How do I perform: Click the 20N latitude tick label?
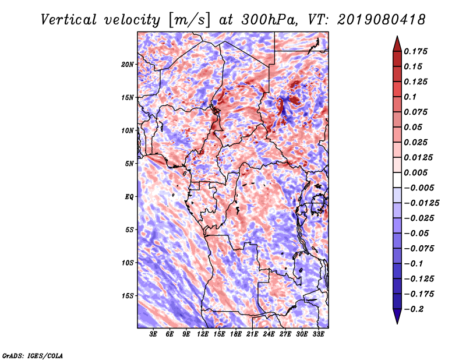pyautogui.click(x=128, y=65)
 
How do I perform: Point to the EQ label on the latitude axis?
pyautogui.click(x=129, y=197)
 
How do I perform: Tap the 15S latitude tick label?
pyautogui.click(x=128, y=296)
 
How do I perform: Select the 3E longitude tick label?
pyautogui.click(x=153, y=334)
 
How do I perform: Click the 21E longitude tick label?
pyautogui.click(x=252, y=334)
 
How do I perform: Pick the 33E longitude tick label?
pyautogui.click(x=318, y=334)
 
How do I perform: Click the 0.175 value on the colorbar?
pyautogui.click(x=415, y=51)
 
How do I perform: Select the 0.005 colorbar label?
pyautogui.click(x=415, y=172)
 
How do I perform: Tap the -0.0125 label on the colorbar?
pyautogui.click(x=421, y=203)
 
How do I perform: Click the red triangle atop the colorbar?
pyautogui.click(x=397, y=44)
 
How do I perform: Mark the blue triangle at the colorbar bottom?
pyautogui.click(x=397, y=316)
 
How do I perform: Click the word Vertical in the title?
pyautogui.click(x=69, y=20)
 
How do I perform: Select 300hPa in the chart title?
pyautogui.click(x=269, y=20)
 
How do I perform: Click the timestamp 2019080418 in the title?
pyautogui.click(x=382, y=20)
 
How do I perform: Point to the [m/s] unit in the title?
pyautogui.click(x=189, y=20)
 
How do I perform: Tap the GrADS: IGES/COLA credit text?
pyautogui.click(x=33, y=355)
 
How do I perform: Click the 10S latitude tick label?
pyautogui.click(x=128, y=263)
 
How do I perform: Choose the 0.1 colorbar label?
pyautogui.click(x=410, y=97)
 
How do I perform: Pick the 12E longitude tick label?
pyautogui.click(x=202, y=334)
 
